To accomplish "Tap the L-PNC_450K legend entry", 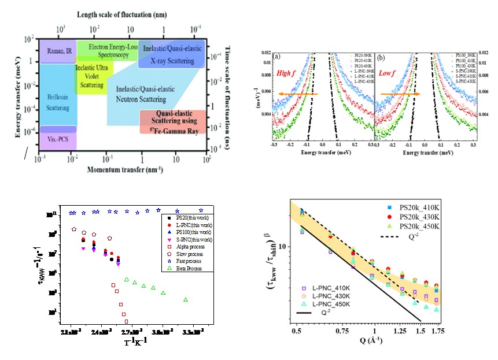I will [333, 305].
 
